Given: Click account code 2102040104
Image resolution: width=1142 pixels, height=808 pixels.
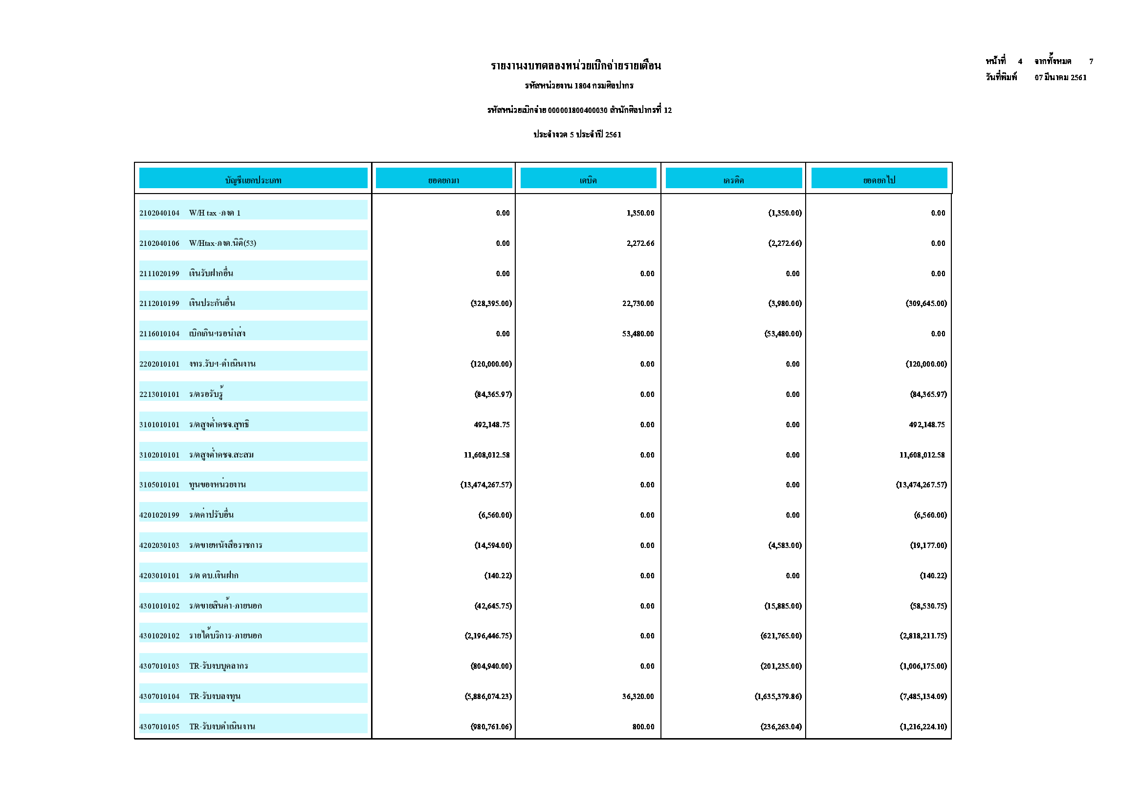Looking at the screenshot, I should [159, 214].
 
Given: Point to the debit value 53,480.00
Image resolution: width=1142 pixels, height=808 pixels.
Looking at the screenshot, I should [637, 334].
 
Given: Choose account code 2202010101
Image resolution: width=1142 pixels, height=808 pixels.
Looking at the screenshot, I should [159, 364].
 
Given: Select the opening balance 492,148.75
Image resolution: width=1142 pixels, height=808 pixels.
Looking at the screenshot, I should [491, 425].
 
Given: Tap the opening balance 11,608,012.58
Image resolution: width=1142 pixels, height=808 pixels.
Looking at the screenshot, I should [486, 455].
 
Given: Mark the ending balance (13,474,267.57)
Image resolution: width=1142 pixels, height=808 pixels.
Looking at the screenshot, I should [921, 485].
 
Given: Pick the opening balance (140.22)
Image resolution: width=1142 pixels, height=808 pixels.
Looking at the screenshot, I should [498, 576].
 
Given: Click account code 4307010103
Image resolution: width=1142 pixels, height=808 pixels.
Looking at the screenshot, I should [159, 666].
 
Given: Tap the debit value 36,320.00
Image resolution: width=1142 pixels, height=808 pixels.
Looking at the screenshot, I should [637, 697].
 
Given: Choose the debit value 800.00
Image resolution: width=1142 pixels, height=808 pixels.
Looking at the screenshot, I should [643, 727].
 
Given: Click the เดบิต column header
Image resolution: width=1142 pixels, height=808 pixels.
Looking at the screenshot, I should [588, 180].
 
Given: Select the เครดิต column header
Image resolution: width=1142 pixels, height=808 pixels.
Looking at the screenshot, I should [733, 180].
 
